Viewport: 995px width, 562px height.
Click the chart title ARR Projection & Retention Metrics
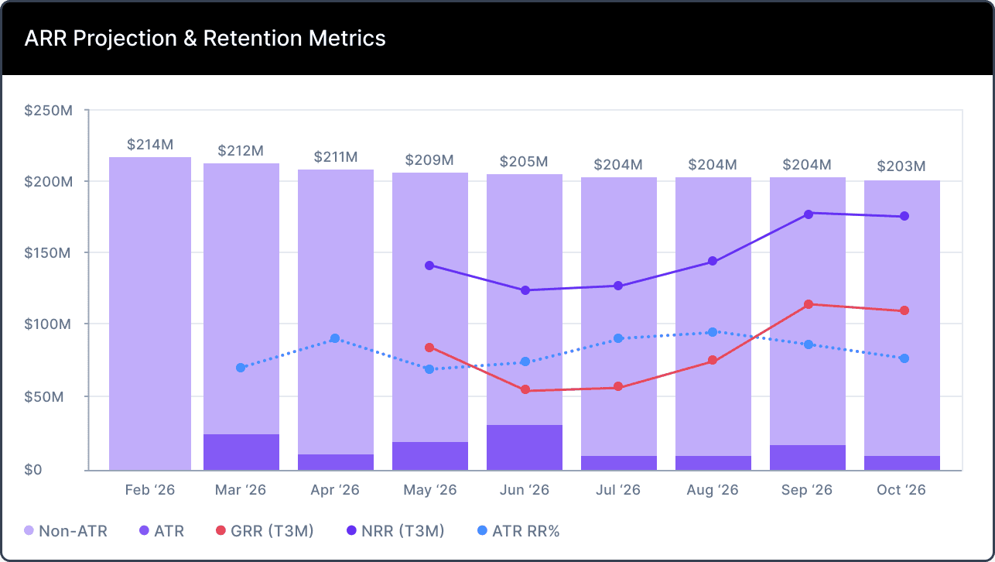pos(205,38)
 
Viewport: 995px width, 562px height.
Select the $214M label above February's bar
pos(150,145)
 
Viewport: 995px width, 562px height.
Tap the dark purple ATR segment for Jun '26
pos(525,447)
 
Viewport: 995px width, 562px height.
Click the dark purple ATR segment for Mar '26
pos(241,452)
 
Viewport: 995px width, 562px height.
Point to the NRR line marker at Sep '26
pos(808,214)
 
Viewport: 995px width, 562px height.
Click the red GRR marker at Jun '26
pos(525,390)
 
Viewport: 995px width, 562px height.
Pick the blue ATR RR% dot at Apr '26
pos(335,338)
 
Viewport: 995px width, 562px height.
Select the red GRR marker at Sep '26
pos(808,304)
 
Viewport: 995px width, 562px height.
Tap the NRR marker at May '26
pos(429,266)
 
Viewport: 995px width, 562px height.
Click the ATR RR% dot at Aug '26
pos(713,332)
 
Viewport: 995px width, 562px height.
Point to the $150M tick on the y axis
pos(48,253)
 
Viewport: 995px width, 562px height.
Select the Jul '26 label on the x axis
pos(618,490)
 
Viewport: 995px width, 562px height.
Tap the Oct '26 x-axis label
pos(901,490)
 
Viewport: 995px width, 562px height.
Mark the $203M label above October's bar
pos(901,166)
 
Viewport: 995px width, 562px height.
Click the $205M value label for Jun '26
pos(524,162)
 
